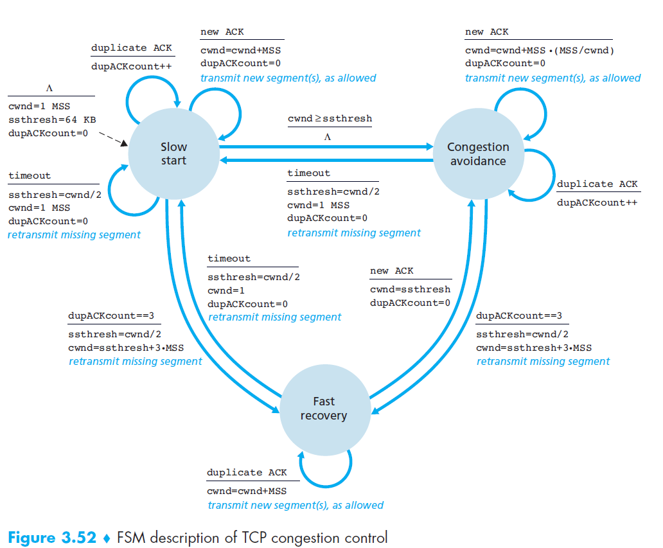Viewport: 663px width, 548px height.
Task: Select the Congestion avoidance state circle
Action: pos(478,154)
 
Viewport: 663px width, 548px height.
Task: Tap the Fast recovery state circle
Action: pos(324,409)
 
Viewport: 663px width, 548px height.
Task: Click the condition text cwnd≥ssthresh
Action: pos(330,119)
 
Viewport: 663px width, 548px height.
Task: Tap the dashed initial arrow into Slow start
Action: pos(112,137)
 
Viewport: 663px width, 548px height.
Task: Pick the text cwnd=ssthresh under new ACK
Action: pos(410,289)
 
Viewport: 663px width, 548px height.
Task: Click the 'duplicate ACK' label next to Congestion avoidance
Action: pos(597,184)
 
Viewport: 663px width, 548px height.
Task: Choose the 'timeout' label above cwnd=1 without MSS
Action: pos(229,258)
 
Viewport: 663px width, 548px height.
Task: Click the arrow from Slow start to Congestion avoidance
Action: pos(326,147)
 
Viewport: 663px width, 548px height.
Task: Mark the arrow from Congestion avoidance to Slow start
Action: pos(326,161)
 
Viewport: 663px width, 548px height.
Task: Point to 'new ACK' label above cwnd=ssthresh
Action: pos(392,270)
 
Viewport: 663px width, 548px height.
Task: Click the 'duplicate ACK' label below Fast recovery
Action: pos(247,472)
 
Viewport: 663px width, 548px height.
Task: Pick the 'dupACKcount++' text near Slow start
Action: pos(131,66)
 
